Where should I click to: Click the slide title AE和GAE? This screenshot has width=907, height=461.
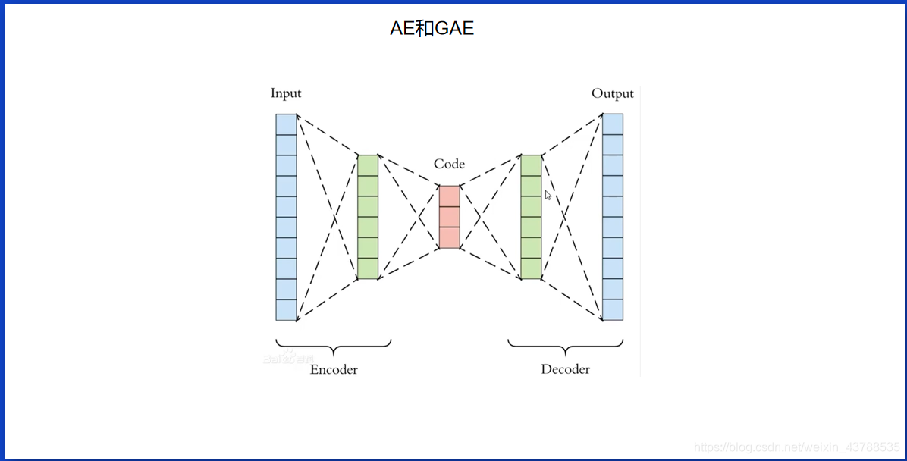click(432, 29)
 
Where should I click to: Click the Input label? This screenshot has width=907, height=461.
click(286, 93)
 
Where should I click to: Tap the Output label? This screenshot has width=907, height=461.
click(612, 93)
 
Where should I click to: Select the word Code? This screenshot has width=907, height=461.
click(449, 164)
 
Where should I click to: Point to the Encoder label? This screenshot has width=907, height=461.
click(334, 369)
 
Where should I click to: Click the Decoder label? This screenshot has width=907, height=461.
click(565, 369)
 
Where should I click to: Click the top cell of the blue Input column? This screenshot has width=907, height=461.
click(286, 124)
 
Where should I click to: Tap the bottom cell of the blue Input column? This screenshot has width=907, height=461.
click(286, 310)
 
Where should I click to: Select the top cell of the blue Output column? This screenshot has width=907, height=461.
click(613, 124)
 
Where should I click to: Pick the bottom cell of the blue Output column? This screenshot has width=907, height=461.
click(613, 310)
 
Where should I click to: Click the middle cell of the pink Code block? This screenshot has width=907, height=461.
click(449, 217)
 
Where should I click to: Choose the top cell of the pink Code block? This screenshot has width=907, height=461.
click(449, 196)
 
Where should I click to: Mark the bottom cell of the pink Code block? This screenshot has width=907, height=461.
click(449, 237)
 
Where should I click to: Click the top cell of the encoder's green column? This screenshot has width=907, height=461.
click(368, 165)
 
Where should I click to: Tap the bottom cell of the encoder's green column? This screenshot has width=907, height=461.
click(368, 268)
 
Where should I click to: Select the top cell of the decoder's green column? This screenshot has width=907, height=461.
click(531, 165)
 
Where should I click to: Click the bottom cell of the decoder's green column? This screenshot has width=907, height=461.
click(531, 268)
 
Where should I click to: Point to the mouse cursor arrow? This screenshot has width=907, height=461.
click(548, 195)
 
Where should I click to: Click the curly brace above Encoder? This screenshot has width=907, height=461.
click(334, 346)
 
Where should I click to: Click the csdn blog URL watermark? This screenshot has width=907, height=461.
click(797, 448)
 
